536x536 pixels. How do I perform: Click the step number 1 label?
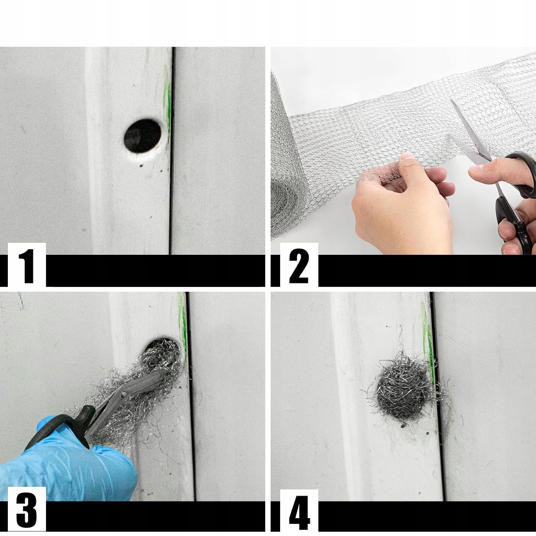pos(27,266)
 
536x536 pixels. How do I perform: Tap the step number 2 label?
pos(299,266)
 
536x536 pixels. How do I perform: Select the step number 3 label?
pos(26,510)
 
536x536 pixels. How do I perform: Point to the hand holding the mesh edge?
pos(402,204)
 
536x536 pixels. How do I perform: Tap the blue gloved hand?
pos(68,461)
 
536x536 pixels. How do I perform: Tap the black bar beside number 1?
pos(155,271)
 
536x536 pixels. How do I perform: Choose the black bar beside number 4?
pos(427,516)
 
